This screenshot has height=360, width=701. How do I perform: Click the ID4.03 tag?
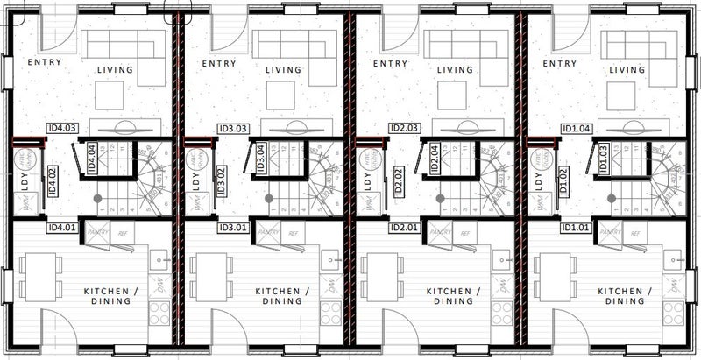[x=64, y=127]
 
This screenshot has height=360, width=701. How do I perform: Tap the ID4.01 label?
[x=62, y=229]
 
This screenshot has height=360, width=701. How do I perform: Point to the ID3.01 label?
[x=234, y=229]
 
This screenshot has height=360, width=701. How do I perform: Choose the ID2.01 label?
[x=405, y=229]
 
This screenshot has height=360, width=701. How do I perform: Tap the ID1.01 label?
[x=577, y=229]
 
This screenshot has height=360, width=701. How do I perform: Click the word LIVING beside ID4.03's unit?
[x=113, y=70]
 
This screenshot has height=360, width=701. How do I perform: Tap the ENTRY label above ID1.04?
[x=559, y=63]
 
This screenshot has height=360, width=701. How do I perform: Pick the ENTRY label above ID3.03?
[x=217, y=63]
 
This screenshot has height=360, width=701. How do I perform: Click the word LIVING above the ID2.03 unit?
[x=456, y=70]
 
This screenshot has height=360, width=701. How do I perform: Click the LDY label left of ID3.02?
[x=195, y=182]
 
